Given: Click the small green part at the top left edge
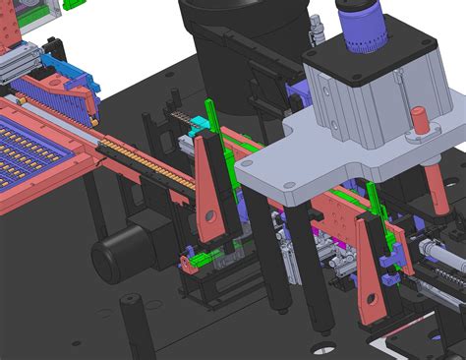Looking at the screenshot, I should coord(72,4).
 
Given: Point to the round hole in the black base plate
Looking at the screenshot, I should coord(321,348).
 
